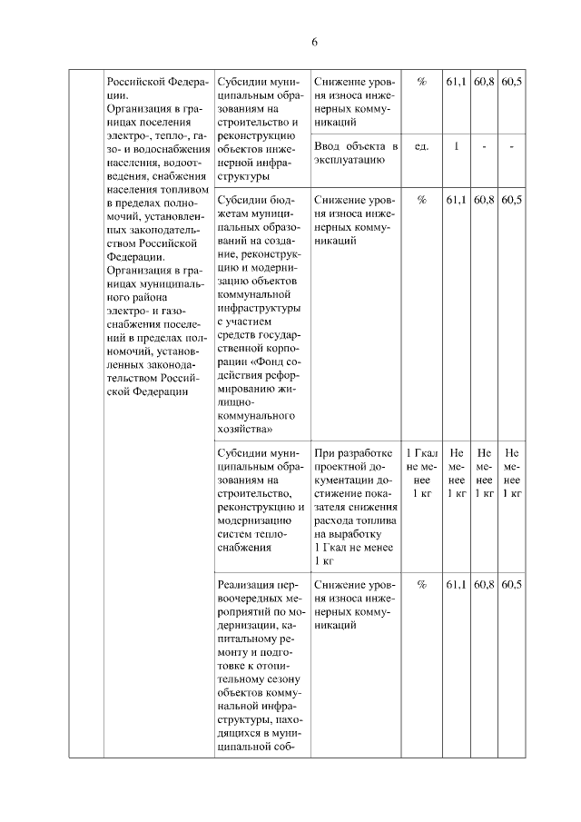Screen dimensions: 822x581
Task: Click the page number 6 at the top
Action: [314, 43]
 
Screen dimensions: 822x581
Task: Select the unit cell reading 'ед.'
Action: [421, 146]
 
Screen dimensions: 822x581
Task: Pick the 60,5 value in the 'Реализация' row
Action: [511, 585]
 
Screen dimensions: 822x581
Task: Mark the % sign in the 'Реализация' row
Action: [421, 585]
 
